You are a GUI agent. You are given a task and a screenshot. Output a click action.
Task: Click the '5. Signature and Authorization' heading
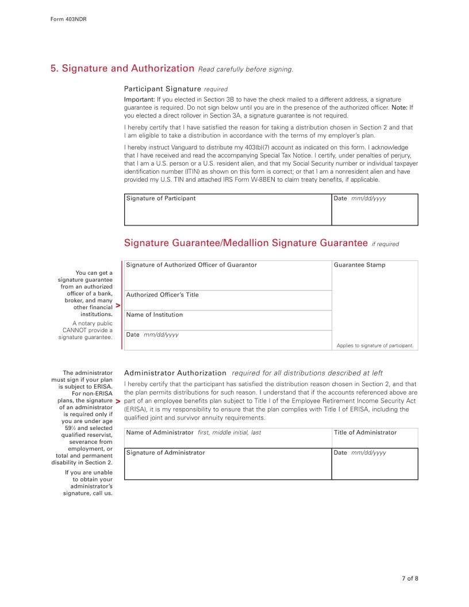coord(122,68)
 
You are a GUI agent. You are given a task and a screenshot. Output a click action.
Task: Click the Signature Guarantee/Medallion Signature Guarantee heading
coord(245,243)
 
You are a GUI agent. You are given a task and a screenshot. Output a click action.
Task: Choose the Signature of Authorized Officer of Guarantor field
coord(228,277)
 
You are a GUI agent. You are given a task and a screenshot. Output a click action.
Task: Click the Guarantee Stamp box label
coord(359,265)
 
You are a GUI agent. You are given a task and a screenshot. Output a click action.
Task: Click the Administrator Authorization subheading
coord(175,373)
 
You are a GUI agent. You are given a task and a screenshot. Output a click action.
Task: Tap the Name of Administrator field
coord(228,438)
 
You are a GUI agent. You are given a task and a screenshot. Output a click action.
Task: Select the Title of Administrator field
coord(374,438)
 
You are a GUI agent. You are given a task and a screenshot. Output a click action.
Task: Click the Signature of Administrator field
coord(228,466)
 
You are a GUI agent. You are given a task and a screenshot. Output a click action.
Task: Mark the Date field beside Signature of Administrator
coord(374,466)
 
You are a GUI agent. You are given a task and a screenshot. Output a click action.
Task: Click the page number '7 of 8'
coord(410,578)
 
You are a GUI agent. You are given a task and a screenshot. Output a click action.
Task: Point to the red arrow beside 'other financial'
coord(117,306)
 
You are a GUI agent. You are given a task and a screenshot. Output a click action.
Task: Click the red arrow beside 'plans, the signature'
coord(117,400)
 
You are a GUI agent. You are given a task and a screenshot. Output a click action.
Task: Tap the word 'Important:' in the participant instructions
coord(139,99)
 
